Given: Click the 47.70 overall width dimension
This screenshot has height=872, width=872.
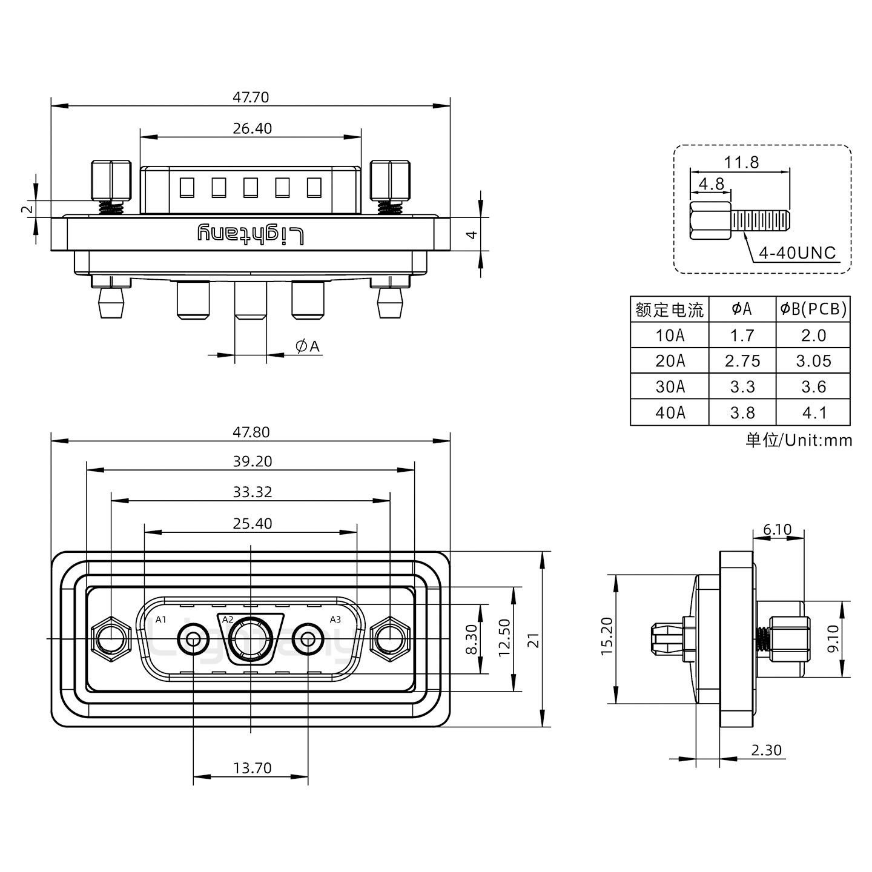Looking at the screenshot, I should coord(251,97).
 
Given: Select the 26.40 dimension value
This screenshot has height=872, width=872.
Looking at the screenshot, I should coord(252,128).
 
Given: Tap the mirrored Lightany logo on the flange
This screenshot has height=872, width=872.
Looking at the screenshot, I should coord(251,234).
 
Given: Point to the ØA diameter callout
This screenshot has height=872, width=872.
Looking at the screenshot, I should coord(308,346).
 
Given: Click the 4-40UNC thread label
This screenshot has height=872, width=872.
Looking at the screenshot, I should coord(797,253).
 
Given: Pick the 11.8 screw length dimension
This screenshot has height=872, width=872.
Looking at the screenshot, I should coord(741,162).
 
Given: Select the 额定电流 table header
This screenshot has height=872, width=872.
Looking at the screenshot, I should coord(669,310).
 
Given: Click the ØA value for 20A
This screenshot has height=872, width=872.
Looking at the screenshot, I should coord(742,361).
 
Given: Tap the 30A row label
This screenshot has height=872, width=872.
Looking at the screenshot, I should coord(669,387).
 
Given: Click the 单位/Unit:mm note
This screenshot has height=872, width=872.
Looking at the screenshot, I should coord(798,440).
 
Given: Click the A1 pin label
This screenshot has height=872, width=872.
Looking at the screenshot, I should coord(160,619).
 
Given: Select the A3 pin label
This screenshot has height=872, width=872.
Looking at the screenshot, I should coord(335,619).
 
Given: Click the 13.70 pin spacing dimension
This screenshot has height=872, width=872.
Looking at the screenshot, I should coord(252,768).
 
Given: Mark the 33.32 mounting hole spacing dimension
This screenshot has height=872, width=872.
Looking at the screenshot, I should coord(252,492).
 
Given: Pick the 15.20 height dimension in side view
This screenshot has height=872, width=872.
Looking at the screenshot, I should coord(607,637).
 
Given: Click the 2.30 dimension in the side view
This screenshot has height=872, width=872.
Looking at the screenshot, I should coord(766,750).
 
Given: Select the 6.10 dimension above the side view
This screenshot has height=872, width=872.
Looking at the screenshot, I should coord(777,530).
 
